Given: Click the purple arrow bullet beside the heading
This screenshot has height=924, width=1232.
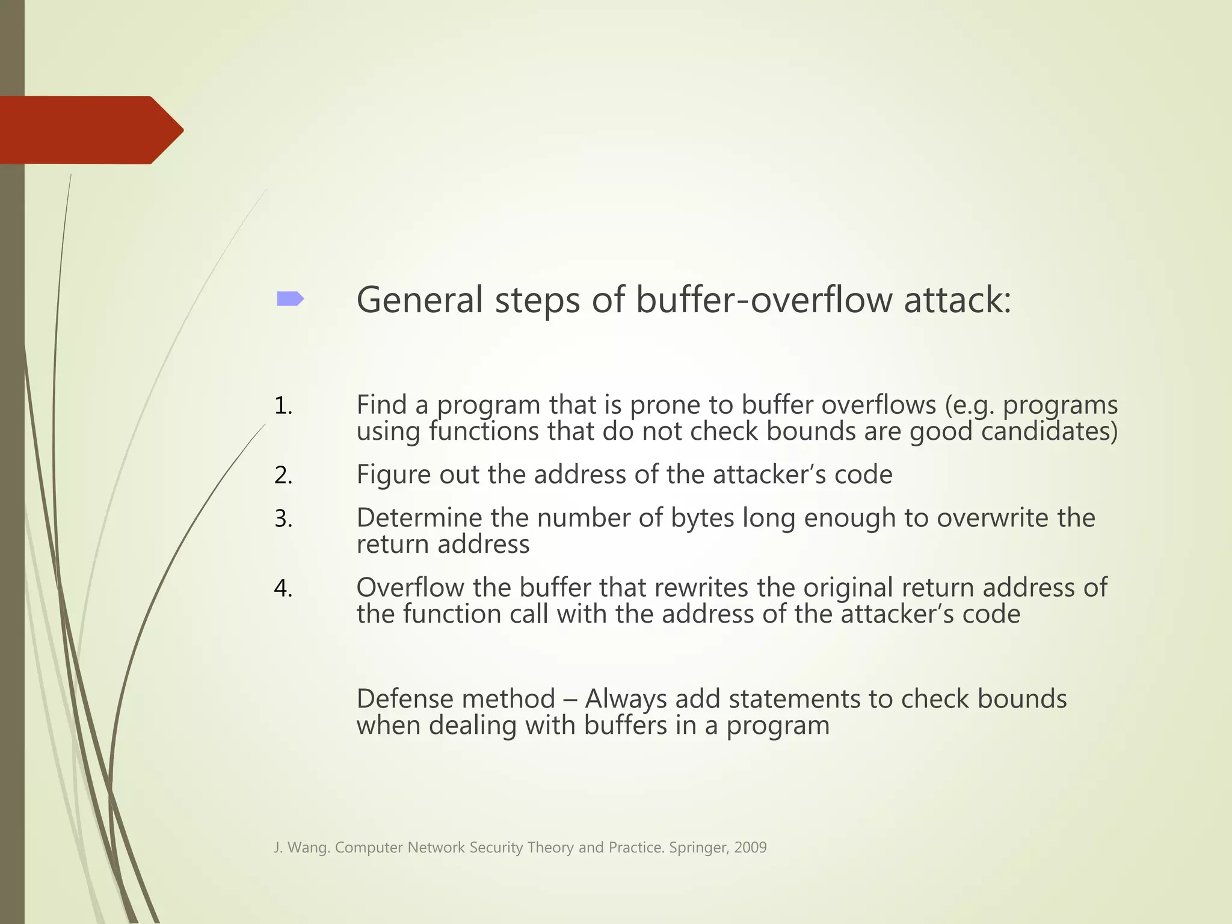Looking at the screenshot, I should [290, 299].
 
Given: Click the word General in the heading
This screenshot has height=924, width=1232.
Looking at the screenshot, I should [419, 300].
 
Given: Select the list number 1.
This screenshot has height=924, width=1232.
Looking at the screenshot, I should [283, 406].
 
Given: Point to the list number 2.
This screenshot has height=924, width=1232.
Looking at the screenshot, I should [283, 476].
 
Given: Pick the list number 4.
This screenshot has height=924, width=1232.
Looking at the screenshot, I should [283, 588].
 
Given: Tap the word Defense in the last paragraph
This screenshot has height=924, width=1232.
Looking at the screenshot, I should [403, 699].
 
